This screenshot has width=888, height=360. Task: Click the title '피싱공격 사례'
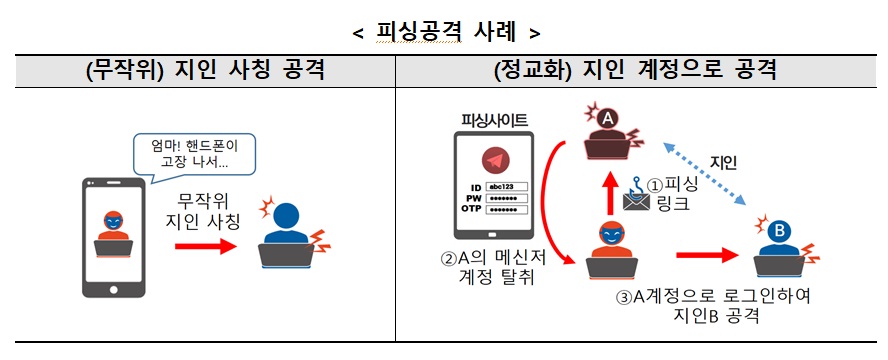click(444, 31)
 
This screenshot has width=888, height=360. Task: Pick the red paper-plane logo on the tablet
click(493, 161)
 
